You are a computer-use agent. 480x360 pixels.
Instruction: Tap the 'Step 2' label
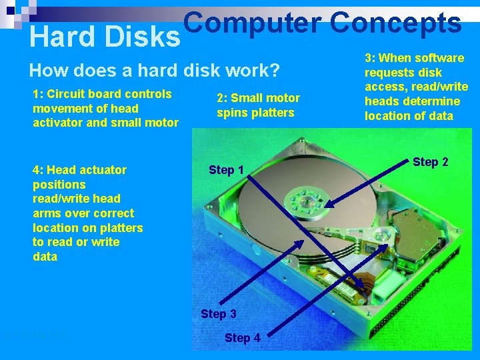click(431, 162)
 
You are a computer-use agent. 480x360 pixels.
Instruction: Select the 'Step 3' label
click(219, 314)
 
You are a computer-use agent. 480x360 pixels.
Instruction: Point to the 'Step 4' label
click(243, 338)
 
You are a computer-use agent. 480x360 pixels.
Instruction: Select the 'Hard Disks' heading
click(105, 38)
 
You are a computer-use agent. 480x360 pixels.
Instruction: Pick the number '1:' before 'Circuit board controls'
click(38, 94)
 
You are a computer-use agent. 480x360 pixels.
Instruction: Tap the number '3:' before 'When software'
click(370, 58)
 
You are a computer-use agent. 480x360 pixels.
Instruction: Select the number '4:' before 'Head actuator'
click(38, 170)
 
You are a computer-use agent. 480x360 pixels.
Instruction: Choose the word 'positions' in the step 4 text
click(59, 185)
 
